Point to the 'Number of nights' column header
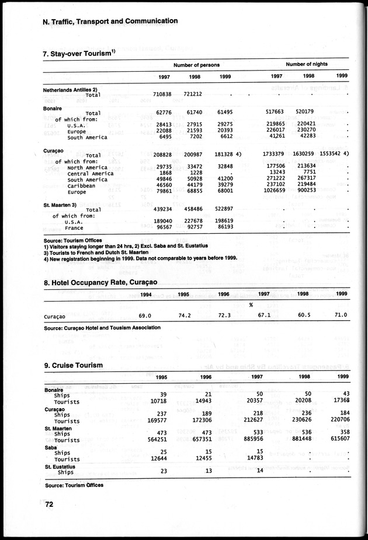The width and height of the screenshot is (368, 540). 307,64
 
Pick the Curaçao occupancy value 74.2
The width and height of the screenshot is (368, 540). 185,315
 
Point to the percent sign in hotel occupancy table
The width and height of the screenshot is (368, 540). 250,305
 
